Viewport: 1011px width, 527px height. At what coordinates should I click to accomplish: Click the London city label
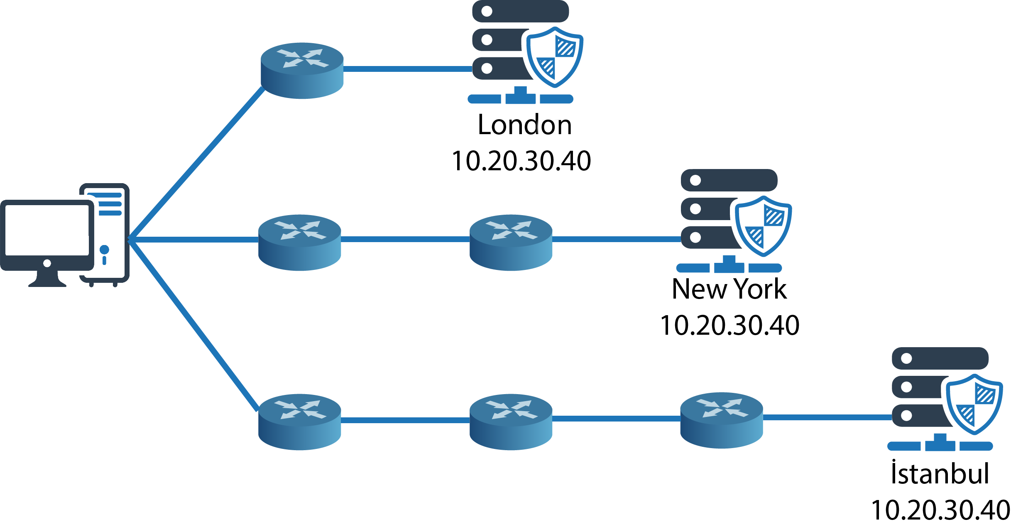(x=524, y=125)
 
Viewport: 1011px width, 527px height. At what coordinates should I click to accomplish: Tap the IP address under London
(x=521, y=161)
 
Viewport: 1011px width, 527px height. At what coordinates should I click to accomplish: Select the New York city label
(x=729, y=289)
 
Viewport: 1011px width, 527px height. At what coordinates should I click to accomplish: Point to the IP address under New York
(x=729, y=325)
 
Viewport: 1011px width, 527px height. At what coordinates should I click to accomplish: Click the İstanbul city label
(x=940, y=473)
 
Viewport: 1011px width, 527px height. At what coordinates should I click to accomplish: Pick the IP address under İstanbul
(x=940, y=510)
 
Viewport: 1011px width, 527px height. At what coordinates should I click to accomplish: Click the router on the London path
(x=302, y=71)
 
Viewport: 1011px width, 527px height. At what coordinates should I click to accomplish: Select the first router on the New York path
(x=300, y=243)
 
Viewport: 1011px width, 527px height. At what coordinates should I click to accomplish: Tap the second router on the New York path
(x=511, y=243)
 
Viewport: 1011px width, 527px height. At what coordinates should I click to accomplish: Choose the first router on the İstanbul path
(x=300, y=422)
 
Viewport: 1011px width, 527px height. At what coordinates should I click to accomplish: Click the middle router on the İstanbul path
(x=511, y=422)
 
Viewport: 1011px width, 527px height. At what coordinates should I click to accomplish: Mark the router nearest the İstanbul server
(x=721, y=420)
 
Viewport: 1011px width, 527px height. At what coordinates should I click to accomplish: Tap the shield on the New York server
(x=763, y=226)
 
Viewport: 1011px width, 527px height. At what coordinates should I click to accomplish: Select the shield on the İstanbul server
(x=974, y=404)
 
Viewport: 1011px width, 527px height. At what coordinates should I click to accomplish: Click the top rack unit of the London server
(x=520, y=11)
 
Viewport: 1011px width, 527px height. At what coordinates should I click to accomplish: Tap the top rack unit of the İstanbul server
(x=940, y=358)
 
